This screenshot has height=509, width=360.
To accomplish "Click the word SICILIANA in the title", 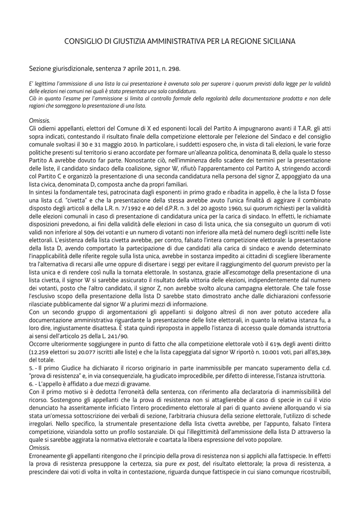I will (x=276, y=42).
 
